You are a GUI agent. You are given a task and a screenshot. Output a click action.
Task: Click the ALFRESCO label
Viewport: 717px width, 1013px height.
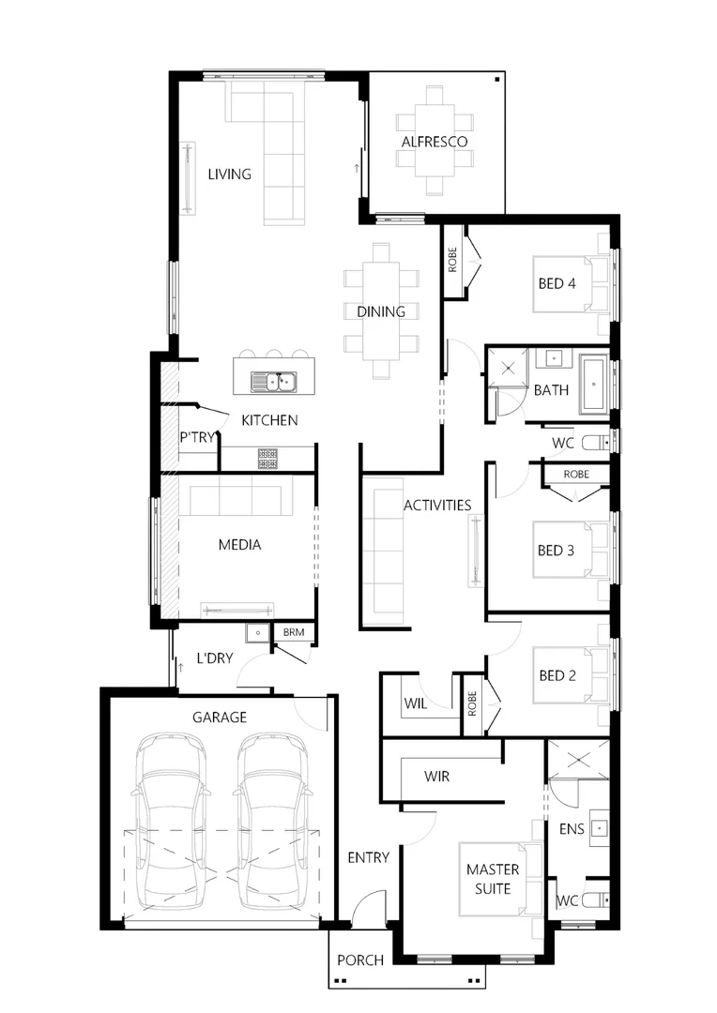(x=435, y=142)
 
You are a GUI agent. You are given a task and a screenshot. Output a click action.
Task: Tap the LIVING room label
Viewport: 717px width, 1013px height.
(x=230, y=174)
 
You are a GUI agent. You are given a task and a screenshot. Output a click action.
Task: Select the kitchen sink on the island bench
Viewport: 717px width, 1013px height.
(x=273, y=382)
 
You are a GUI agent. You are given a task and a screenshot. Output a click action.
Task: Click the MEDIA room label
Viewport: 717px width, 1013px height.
(x=239, y=544)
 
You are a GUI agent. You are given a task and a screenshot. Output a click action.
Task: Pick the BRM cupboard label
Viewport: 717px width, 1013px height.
(x=294, y=633)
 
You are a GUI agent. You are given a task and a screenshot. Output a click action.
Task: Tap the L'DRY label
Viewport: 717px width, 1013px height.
(x=214, y=658)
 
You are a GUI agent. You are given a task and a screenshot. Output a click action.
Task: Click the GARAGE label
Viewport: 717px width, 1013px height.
(x=220, y=718)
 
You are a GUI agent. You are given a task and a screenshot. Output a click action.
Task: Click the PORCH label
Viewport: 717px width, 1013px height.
(x=360, y=960)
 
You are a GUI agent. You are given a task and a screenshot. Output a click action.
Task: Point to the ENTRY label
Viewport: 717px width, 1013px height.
(x=368, y=857)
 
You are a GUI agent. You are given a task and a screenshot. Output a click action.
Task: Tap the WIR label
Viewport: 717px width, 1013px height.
(x=437, y=777)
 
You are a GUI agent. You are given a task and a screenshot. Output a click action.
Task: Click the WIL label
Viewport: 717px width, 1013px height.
(x=416, y=703)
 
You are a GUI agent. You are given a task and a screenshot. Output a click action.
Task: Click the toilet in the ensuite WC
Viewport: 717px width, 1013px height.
(x=591, y=900)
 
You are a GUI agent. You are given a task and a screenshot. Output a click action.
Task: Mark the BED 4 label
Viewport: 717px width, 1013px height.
(x=557, y=283)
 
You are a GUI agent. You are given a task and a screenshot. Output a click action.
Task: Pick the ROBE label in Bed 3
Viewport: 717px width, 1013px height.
(x=576, y=475)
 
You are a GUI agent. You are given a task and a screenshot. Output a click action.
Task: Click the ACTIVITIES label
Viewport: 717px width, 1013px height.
(x=437, y=506)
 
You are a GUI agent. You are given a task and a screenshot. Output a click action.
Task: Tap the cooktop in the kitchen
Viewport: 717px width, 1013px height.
(x=268, y=458)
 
